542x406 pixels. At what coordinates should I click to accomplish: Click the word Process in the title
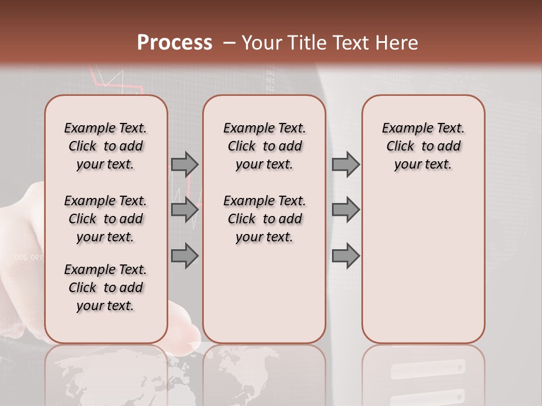tap(174, 43)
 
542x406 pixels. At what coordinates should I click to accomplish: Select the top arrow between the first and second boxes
tap(185, 165)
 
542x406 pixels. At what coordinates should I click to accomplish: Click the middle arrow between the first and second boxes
tap(185, 210)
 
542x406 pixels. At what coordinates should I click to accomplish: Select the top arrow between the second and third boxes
tap(346, 165)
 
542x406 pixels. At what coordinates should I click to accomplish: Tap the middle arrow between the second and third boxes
tap(346, 210)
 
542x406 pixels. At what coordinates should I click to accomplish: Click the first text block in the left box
tap(106, 146)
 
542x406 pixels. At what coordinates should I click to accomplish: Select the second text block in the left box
tap(106, 219)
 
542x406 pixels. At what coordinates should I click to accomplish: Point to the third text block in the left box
tap(106, 288)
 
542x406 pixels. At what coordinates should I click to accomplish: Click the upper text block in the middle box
tap(264, 146)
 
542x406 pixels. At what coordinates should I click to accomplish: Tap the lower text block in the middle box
tap(264, 219)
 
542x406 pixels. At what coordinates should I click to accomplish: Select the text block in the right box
tap(423, 146)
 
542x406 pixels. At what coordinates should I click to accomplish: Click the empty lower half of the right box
tap(423, 271)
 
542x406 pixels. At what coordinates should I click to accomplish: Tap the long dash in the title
tap(229, 43)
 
